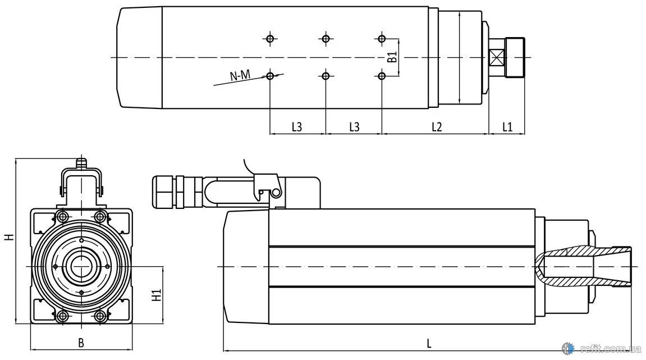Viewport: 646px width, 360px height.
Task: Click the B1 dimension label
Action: [x=393, y=57]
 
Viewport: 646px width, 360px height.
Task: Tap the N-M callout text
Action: [x=240, y=75]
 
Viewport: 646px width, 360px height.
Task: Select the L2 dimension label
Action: [x=437, y=127]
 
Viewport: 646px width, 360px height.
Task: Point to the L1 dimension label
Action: [x=507, y=127]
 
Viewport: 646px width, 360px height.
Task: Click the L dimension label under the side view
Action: [x=429, y=343]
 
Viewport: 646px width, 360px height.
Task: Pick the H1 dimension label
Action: [x=157, y=295]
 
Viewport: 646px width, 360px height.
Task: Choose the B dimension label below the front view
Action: [x=81, y=343]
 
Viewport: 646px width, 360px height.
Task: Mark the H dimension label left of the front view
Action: [x=9, y=237]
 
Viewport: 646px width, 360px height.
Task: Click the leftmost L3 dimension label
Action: [x=297, y=127]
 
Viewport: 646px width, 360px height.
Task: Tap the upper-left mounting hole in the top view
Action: [x=271, y=39]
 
